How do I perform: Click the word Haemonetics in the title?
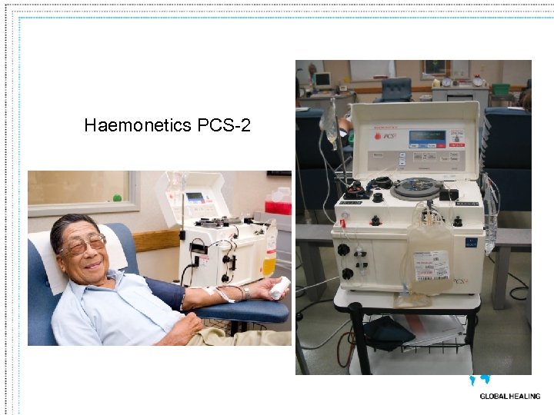click(x=138, y=124)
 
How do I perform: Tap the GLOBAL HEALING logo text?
click(x=509, y=397)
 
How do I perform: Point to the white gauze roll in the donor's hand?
click(x=279, y=287)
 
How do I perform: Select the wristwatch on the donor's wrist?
click(x=244, y=293)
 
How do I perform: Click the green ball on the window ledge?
click(x=117, y=198)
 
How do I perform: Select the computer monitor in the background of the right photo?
click(x=322, y=79)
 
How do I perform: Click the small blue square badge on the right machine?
click(x=471, y=244)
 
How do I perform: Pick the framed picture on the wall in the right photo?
click(x=436, y=68)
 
